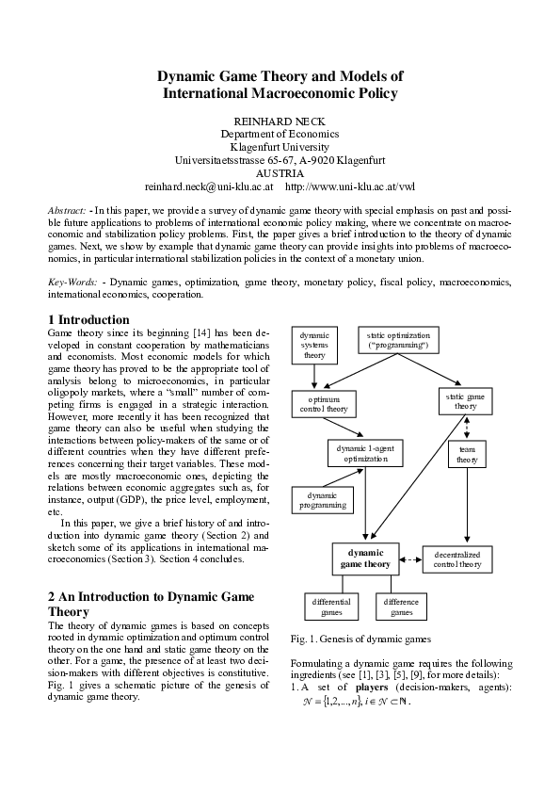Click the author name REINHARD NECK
[280, 121]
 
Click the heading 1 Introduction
[88, 320]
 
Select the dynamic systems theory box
[314, 345]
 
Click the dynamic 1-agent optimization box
[365, 454]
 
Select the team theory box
[467, 455]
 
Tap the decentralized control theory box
[457, 558]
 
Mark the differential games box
[331, 607]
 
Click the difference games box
[402, 607]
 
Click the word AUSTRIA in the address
[280, 173]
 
